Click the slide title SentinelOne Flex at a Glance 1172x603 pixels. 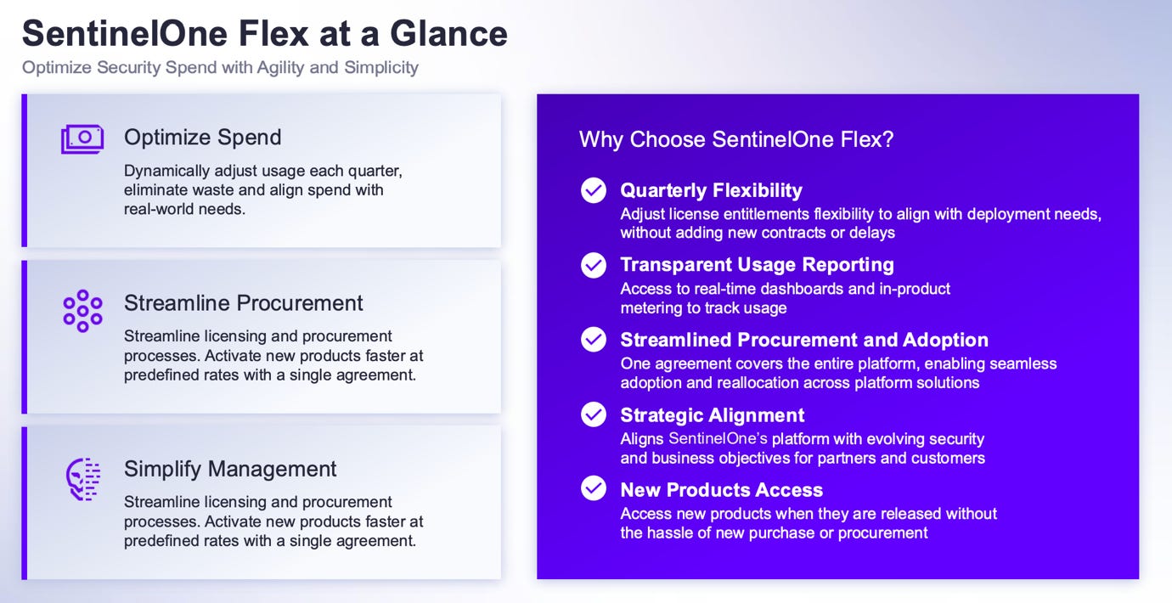point(264,33)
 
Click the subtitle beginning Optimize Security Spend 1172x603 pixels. point(220,67)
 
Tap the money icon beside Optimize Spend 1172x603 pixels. point(82,138)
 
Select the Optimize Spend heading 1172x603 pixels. point(202,138)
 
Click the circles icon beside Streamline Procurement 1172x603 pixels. point(82,310)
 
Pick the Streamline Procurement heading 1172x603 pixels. point(243,303)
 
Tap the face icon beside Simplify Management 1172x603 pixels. point(83,479)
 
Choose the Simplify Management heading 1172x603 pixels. point(230,469)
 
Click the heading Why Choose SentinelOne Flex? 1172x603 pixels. point(736,139)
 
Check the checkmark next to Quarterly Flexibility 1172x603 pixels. point(594,190)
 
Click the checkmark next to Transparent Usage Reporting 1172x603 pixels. point(594,265)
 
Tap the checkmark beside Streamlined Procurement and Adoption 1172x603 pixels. point(594,340)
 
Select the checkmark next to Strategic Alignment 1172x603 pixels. point(594,414)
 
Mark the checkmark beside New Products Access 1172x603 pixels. point(594,488)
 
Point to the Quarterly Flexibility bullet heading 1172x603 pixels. point(711,190)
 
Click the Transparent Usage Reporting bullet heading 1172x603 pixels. point(757,265)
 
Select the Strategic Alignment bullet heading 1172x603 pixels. point(712,415)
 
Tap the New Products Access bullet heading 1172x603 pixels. point(721,490)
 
